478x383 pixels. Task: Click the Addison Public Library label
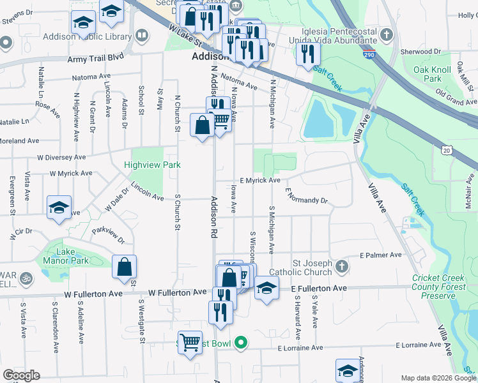(x=87, y=36)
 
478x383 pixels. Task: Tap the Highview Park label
(x=152, y=165)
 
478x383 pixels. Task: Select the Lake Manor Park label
(x=66, y=256)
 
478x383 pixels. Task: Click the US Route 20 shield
(x=446, y=149)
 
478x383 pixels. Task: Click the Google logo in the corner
(x=21, y=375)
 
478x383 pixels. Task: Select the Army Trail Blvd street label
(x=95, y=58)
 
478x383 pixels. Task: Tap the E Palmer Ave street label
(x=381, y=255)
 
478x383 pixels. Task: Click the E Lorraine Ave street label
(x=300, y=348)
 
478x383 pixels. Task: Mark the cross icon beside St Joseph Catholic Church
(x=342, y=266)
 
